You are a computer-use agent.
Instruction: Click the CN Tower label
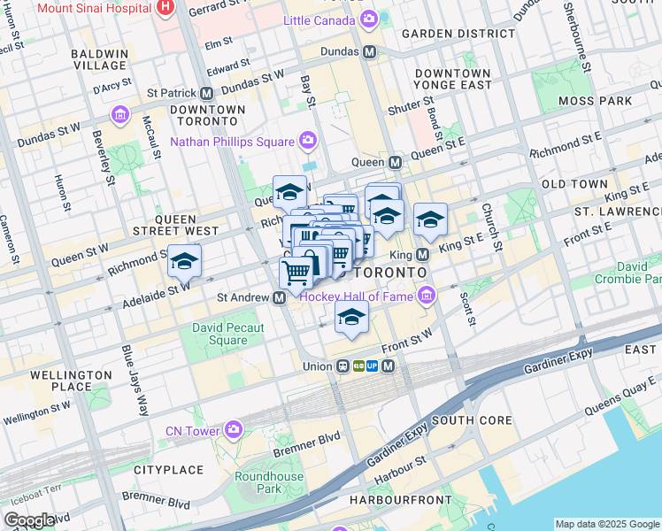192,431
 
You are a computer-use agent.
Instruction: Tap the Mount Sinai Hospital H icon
164,7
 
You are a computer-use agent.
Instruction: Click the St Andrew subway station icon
279,298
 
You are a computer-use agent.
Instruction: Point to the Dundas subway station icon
370,52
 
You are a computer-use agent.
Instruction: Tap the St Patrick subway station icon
206,92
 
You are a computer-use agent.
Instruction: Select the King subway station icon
422,254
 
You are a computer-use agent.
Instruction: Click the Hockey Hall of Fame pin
427,296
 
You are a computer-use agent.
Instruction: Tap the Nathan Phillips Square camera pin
307,140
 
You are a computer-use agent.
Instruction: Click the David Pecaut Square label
220,335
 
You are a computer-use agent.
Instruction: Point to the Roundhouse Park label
258,482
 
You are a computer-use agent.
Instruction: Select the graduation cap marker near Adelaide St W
184,260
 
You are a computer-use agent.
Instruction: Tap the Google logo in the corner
29,520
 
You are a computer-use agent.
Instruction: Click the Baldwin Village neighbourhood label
99,60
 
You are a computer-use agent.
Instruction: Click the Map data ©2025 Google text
607,524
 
